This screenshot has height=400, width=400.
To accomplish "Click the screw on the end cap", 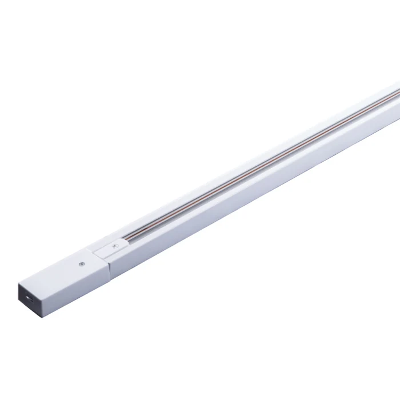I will [x=81, y=265].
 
